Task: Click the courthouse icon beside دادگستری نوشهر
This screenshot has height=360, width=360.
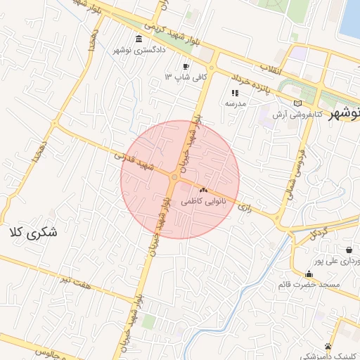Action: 138,39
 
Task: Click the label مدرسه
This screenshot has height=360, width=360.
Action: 235,103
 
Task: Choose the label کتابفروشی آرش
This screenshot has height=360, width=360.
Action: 317,113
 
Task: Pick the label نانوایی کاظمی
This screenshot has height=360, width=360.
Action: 202,200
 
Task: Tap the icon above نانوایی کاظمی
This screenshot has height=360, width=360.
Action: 203,190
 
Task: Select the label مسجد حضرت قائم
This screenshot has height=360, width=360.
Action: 310,284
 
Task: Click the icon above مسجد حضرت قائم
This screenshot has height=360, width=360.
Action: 309,274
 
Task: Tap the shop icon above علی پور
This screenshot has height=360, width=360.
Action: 349,250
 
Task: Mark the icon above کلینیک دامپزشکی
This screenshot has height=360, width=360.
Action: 328,346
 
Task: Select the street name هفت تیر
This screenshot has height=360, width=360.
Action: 77,281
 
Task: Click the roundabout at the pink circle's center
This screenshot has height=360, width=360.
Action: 174,179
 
